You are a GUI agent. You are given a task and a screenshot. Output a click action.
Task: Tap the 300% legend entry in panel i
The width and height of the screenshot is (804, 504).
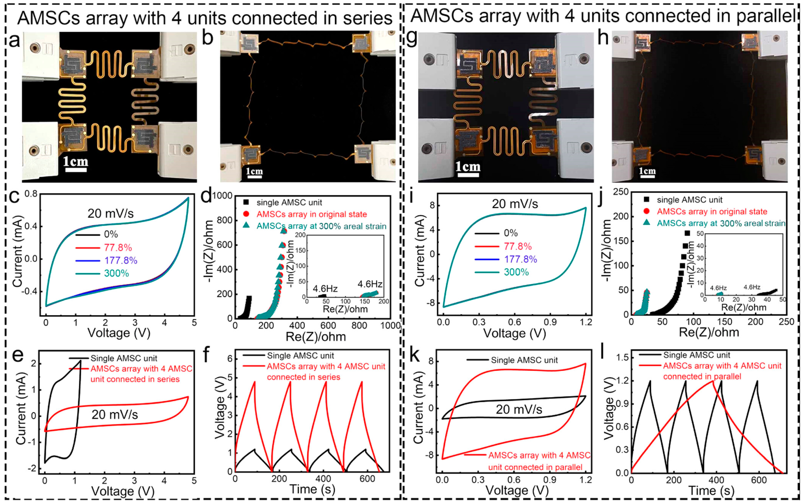click(516, 272)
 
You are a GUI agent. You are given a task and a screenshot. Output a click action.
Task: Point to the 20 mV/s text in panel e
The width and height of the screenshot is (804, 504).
click(115, 415)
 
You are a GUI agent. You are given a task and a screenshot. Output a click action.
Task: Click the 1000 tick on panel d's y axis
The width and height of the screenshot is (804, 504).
click(222, 196)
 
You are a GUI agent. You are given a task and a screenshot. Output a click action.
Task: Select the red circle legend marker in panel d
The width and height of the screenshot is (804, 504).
click(246, 214)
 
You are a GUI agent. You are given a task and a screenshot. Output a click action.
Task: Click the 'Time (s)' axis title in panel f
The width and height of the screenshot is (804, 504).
click(312, 489)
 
